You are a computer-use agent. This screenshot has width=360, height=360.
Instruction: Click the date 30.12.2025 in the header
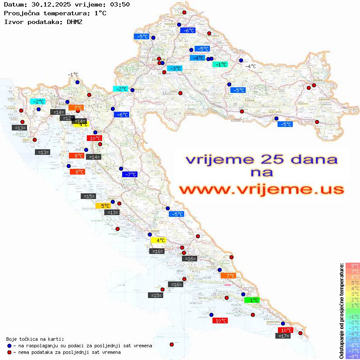(47, 4)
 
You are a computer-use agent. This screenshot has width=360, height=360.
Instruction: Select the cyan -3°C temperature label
(175, 69)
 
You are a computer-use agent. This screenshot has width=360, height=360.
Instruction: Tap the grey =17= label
(284, 336)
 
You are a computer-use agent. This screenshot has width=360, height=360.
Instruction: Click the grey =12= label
(67, 118)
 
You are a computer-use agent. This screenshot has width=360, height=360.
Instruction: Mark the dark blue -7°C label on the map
(130, 175)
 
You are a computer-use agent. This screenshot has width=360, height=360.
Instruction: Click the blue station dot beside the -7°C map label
(121, 168)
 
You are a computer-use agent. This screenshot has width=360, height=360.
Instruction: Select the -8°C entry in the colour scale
(353, 356)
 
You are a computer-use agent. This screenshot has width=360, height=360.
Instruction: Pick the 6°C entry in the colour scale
(353, 277)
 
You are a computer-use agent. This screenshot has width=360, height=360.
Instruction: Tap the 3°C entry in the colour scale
(353, 294)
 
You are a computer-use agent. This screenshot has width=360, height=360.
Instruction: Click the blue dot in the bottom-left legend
(9, 346)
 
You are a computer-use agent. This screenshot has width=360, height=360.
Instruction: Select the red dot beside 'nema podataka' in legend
(9, 352)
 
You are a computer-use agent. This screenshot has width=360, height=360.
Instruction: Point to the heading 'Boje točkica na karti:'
(35, 339)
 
